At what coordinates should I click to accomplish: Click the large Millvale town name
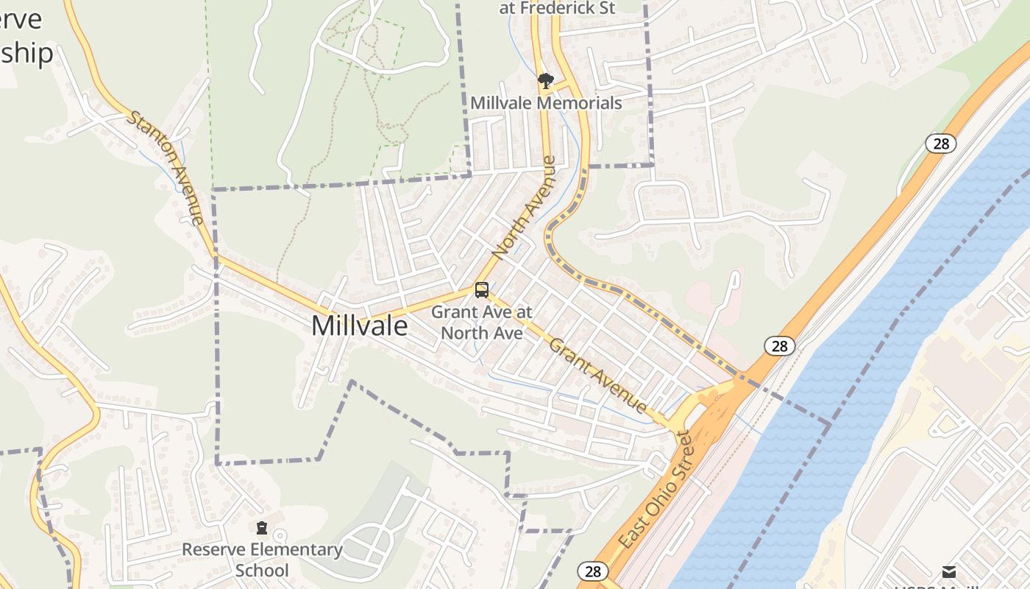coord(359,325)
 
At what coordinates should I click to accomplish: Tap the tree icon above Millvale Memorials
coord(545,80)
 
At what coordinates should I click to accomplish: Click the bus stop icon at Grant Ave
coord(482,290)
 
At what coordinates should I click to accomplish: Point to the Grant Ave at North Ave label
coord(481,322)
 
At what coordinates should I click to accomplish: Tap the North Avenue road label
coord(523,208)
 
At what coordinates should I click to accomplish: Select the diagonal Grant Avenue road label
coord(598,375)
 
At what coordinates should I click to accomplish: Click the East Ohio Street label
coord(655,490)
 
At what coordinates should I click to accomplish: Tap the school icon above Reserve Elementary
coord(261,528)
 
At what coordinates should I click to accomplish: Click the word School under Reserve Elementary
coord(262,571)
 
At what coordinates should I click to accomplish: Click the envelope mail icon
coord(949,571)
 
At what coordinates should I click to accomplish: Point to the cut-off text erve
coord(21,19)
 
